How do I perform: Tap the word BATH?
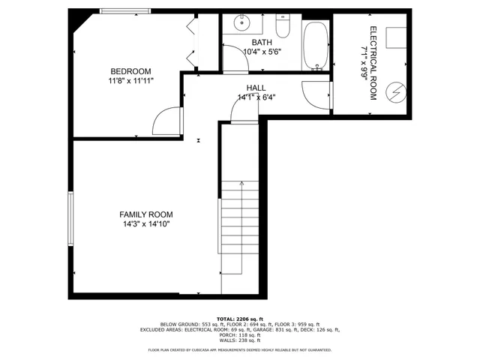(262, 43)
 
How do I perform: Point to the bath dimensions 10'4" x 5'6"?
(262, 52)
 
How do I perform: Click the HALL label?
(256, 87)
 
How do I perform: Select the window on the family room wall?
(71, 218)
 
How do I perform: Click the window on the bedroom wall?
(124, 10)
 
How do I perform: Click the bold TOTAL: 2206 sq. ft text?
(240, 318)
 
